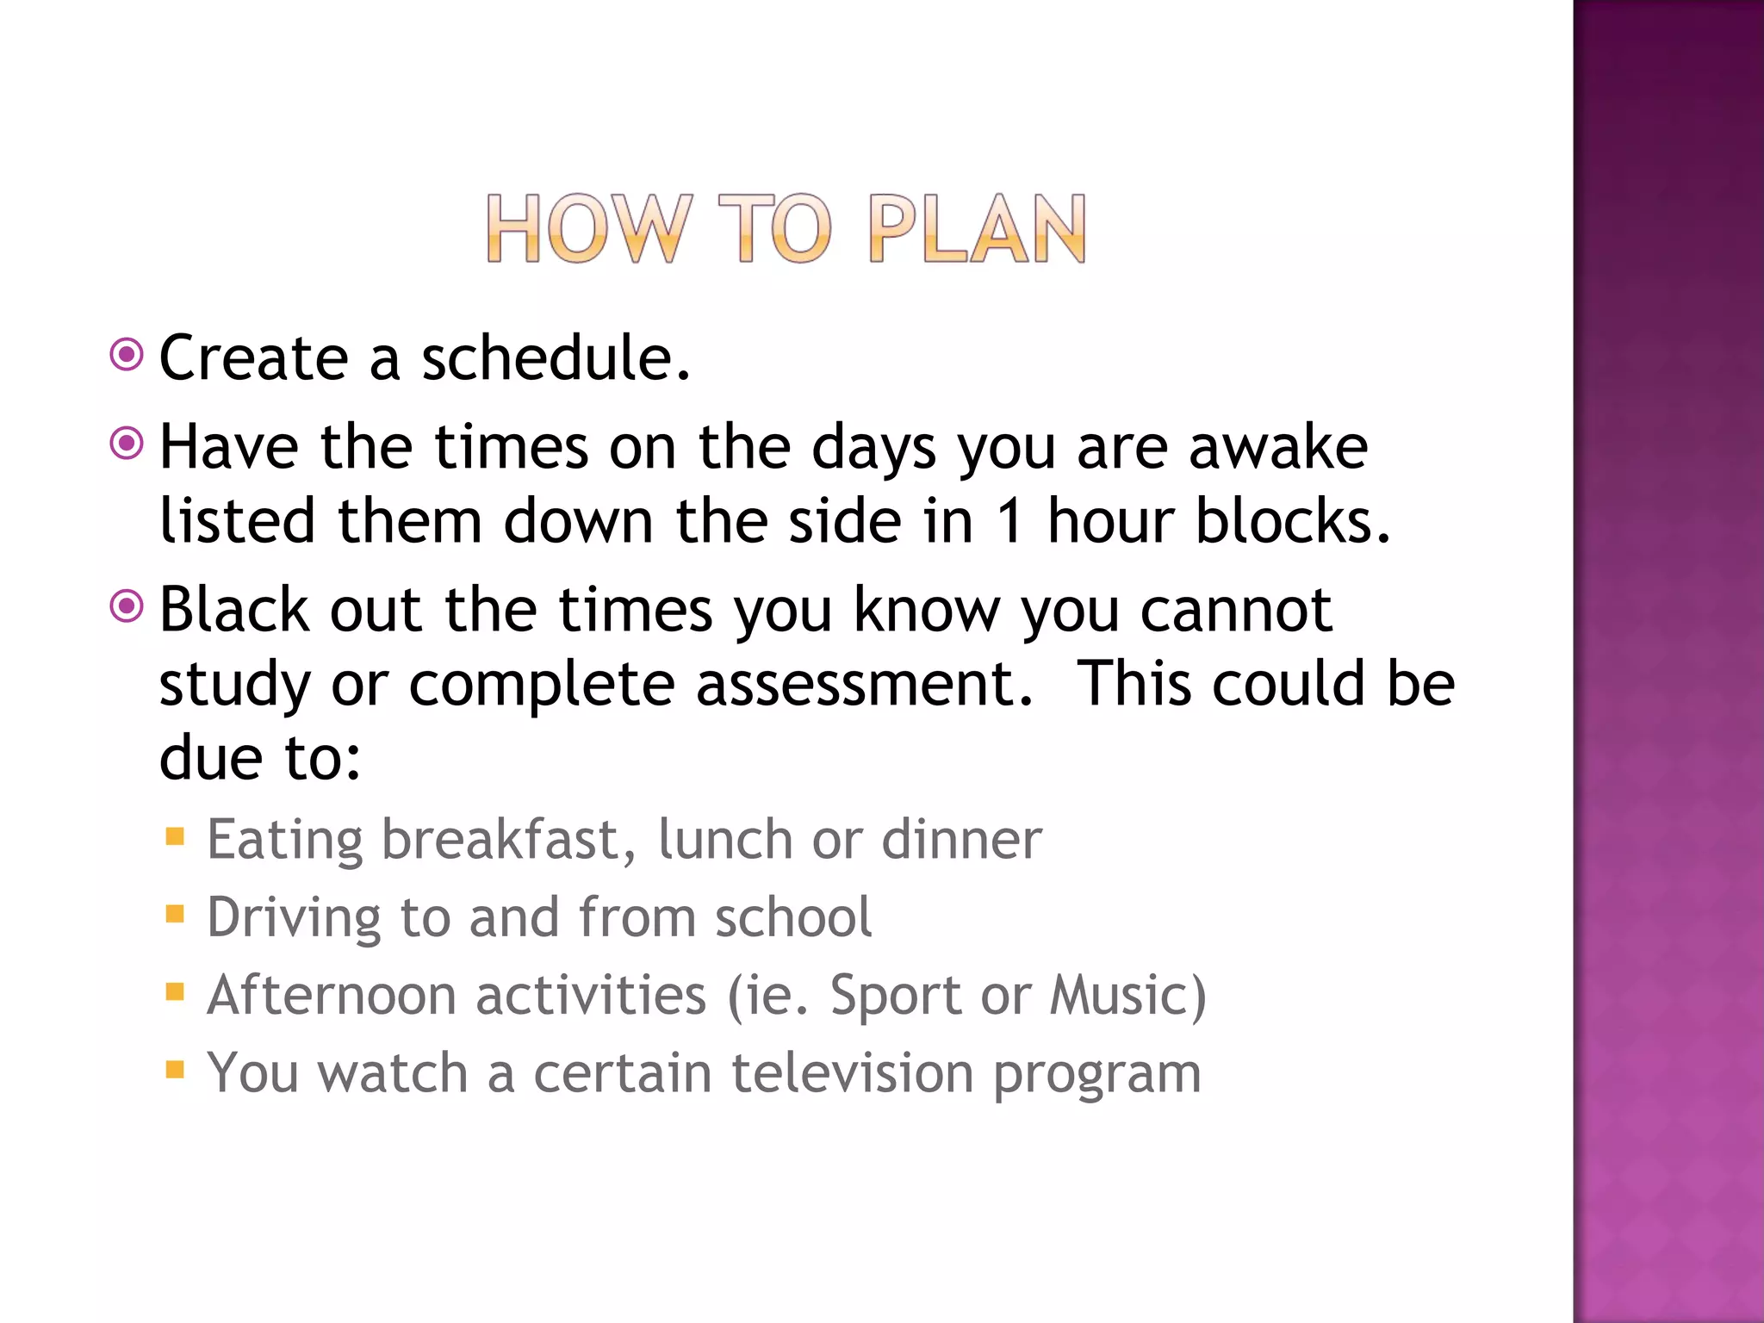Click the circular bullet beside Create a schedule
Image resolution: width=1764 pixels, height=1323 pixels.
pos(127,354)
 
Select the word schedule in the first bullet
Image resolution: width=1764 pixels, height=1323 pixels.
pos(556,358)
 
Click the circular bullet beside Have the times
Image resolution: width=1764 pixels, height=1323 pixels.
pos(127,444)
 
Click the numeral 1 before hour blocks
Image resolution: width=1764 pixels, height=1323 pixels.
pos(1009,522)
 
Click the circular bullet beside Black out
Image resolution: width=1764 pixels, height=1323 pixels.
pos(127,606)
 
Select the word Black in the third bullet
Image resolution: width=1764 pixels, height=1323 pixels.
pos(233,610)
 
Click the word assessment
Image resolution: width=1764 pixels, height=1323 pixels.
pos(864,685)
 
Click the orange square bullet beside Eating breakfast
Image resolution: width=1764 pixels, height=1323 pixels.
pos(175,836)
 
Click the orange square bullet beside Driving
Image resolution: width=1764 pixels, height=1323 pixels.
pos(175,914)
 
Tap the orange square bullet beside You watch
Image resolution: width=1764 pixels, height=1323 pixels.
pos(175,1070)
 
